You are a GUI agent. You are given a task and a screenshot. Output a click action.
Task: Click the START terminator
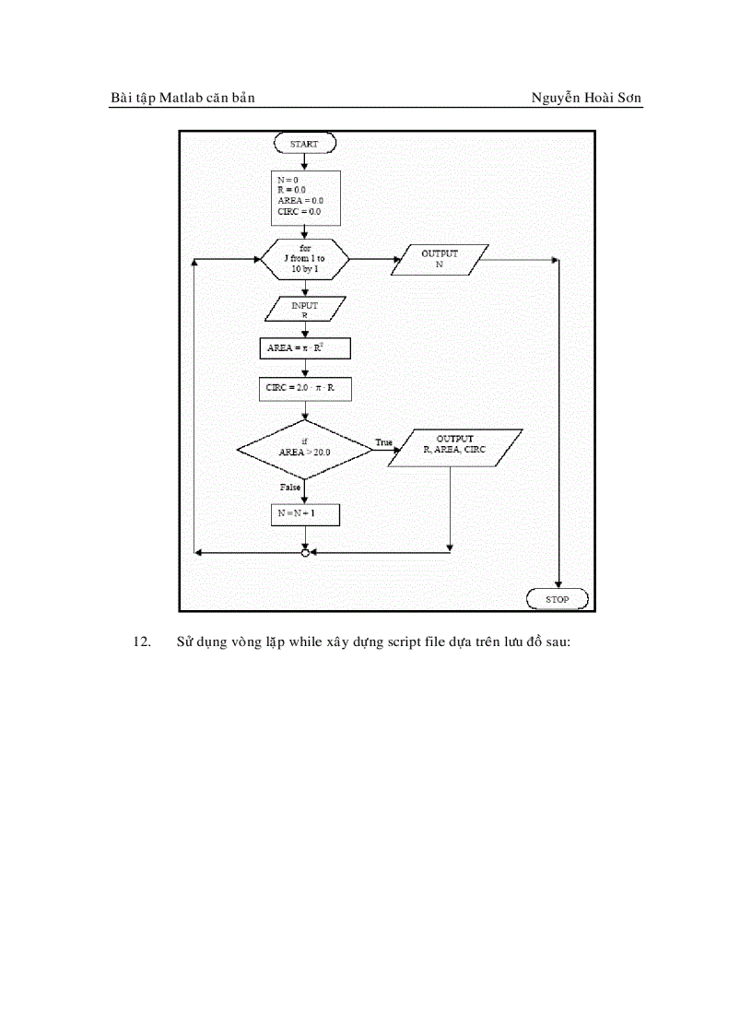coord(304,144)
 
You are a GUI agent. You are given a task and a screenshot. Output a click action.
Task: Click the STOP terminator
coord(558,599)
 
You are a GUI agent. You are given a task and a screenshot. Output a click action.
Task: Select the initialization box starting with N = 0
coord(304,196)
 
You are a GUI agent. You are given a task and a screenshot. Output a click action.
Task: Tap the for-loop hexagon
coord(304,259)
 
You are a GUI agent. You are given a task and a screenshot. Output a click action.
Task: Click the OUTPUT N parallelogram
coord(440,259)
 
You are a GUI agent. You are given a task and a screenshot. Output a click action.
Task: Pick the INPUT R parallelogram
coord(304,310)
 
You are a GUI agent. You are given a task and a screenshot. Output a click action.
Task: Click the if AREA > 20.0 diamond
coord(304,449)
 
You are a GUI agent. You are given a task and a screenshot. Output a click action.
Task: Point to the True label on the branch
coord(383,442)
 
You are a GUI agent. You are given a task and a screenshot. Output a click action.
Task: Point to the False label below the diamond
coord(289,486)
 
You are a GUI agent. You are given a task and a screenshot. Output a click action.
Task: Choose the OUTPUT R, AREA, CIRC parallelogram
coord(454,448)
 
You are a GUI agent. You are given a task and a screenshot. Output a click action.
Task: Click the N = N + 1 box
coord(304,513)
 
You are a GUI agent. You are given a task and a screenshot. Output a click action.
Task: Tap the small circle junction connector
coord(305,552)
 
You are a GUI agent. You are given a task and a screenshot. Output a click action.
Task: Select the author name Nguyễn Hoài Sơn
coord(586,98)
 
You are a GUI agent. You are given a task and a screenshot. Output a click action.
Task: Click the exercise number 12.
coord(142,642)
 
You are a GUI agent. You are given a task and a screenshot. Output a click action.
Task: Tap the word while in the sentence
coord(306,642)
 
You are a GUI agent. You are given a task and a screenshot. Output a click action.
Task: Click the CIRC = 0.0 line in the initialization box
coord(299,212)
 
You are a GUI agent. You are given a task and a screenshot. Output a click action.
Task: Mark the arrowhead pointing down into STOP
coord(558,582)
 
